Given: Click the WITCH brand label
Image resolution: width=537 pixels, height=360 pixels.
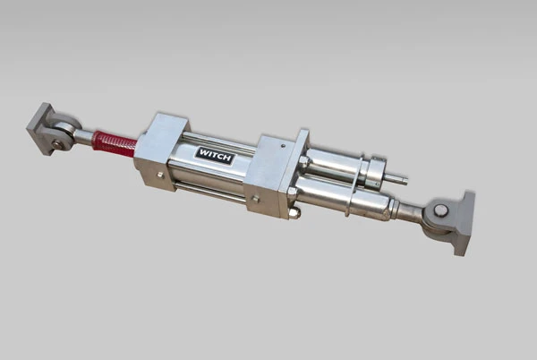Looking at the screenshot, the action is [x=215, y=156].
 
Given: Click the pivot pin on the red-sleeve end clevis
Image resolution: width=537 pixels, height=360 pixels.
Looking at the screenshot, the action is [x=56, y=144].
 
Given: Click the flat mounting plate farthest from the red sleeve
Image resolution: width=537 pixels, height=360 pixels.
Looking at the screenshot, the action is [x=465, y=224].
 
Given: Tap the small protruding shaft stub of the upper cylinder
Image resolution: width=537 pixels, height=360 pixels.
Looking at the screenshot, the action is [x=396, y=179].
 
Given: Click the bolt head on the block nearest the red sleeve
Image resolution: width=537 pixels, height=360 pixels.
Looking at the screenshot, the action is [x=160, y=175].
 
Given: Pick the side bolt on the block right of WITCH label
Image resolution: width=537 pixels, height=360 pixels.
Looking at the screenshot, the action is [x=255, y=199].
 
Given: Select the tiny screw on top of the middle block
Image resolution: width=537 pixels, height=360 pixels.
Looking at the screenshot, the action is [x=283, y=146].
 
